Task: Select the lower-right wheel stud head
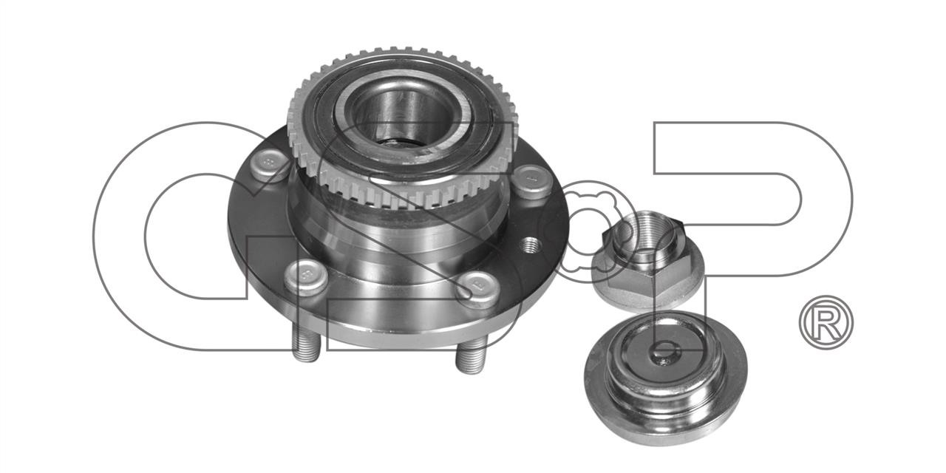[x=478, y=289]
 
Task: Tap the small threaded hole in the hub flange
[x=531, y=244]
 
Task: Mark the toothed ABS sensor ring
[x=397, y=126]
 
